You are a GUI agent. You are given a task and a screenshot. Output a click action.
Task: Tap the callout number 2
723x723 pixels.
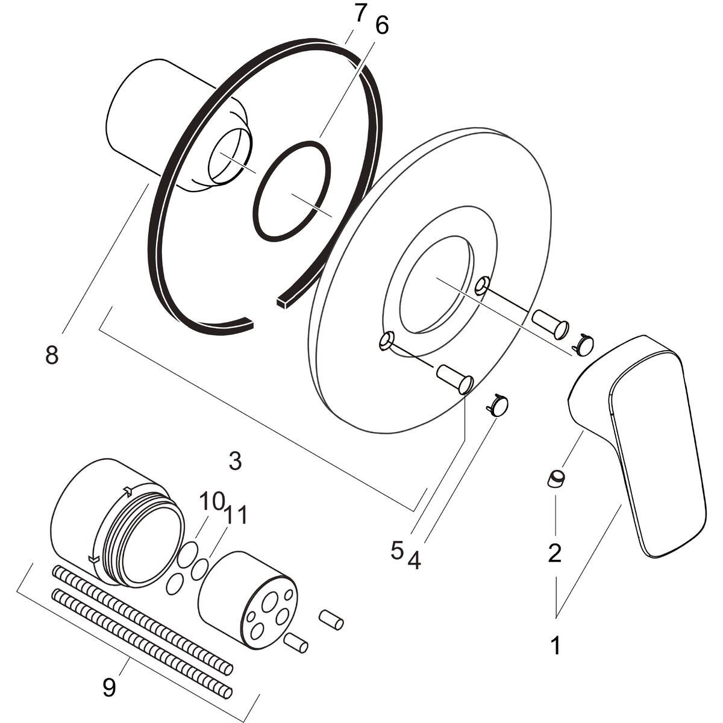click(554, 552)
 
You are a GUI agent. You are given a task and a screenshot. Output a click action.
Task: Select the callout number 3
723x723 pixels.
click(235, 461)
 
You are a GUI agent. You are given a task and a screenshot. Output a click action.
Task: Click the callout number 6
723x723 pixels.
click(381, 25)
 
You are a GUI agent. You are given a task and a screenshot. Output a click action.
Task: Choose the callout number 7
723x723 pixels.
click(359, 13)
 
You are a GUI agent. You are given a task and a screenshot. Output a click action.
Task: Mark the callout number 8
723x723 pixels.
click(52, 354)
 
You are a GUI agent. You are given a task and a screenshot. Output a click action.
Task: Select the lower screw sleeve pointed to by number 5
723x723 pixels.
click(455, 378)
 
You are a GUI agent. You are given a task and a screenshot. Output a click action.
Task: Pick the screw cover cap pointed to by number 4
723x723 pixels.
click(496, 405)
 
